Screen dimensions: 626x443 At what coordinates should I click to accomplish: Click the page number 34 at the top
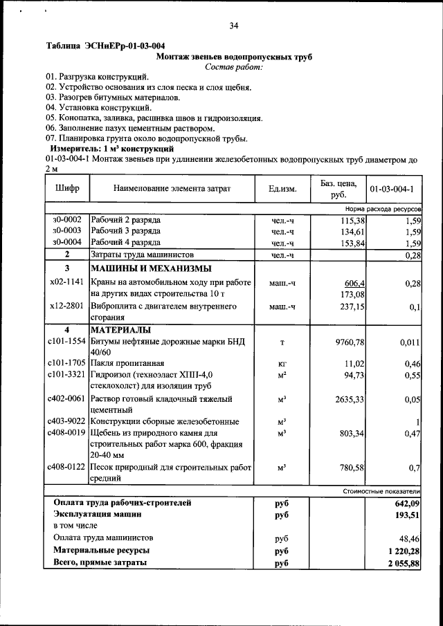(234, 26)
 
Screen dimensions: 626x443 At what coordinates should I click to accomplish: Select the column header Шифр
(66, 188)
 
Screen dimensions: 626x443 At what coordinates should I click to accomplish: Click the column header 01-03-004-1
(391, 188)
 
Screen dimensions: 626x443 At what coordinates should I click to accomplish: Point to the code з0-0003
(67, 231)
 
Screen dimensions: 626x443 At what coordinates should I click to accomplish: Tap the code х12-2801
(67, 306)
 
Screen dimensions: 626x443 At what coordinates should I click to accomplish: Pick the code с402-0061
(67, 399)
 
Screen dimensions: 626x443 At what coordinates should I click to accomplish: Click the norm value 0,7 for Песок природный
(414, 468)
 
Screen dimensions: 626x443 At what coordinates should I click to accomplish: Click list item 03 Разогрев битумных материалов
(114, 98)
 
